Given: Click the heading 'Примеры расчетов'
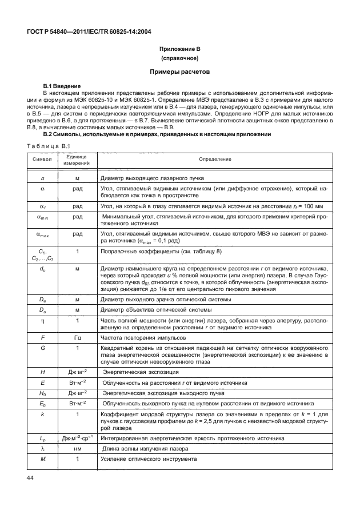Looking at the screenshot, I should pos(180,73).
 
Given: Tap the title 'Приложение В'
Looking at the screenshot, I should pos(179,49).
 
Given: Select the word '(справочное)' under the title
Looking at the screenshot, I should pos(179,59).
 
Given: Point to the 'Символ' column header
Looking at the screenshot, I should pos(42,158).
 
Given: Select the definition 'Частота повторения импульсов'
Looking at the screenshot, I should pos(142,337).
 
